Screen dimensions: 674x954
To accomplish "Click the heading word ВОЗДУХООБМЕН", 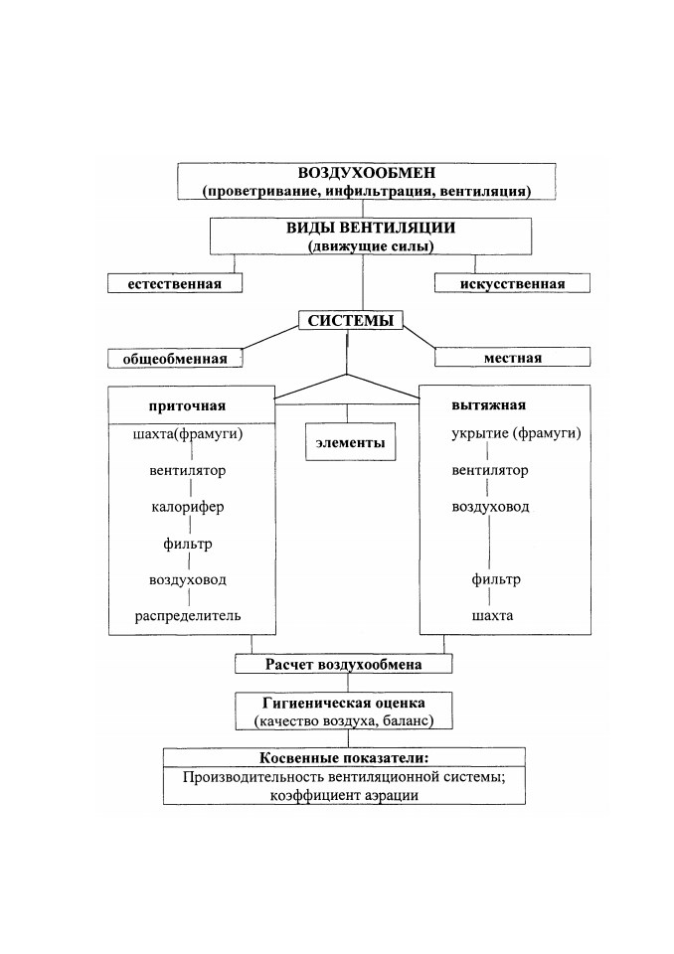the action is tap(367, 173).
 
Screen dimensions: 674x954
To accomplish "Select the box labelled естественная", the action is tap(175, 283).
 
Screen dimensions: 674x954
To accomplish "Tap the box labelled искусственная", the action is tap(512, 283).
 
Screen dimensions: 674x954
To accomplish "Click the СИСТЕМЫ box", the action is tap(351, 321).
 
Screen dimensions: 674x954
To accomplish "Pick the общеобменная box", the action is tap(175, 359).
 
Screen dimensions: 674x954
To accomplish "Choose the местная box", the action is tap(512, 358).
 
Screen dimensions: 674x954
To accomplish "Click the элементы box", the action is tap(350, 441).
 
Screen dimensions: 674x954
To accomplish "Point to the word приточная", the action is tap(187, 406).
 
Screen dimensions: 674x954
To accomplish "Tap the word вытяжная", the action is tap(488, 405).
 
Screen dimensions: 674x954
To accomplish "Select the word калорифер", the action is tap(188, 508).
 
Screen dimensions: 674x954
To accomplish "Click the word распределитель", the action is tap(188, 616).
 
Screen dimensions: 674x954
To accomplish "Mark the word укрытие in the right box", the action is tap(479, 434).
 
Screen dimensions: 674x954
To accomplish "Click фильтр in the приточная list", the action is tap(188, 544).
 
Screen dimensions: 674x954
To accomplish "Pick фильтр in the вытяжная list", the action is tap(496, 579).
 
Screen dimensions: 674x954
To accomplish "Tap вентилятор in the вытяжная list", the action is tap(489, 470).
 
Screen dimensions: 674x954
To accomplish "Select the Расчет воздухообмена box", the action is tap(343, 664).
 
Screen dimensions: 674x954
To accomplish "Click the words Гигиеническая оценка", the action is tap(343, 704).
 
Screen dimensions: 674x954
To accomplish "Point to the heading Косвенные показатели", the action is tap(344, 758).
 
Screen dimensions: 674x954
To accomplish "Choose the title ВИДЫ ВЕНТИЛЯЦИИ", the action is tap(371, 229).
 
